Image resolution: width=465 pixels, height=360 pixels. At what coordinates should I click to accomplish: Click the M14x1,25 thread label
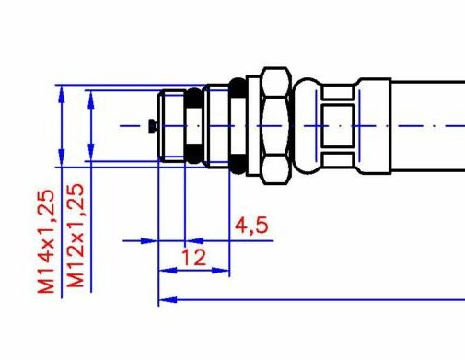46,241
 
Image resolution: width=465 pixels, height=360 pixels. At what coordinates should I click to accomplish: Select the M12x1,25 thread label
76,236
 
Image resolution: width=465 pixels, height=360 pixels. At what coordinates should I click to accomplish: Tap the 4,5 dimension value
251,226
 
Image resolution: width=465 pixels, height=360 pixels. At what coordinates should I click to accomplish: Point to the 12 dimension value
194,257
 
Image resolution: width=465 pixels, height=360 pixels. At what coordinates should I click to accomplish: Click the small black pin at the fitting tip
153,126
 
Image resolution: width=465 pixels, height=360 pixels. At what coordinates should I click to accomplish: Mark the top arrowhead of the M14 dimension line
62,94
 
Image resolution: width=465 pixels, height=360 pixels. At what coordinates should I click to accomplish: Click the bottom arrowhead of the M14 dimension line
62,157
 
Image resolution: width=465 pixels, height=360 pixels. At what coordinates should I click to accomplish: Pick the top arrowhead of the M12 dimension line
91,100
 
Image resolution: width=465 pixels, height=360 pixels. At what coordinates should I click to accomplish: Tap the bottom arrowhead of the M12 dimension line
91,152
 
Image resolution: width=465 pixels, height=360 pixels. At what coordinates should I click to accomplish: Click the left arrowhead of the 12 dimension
168,271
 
